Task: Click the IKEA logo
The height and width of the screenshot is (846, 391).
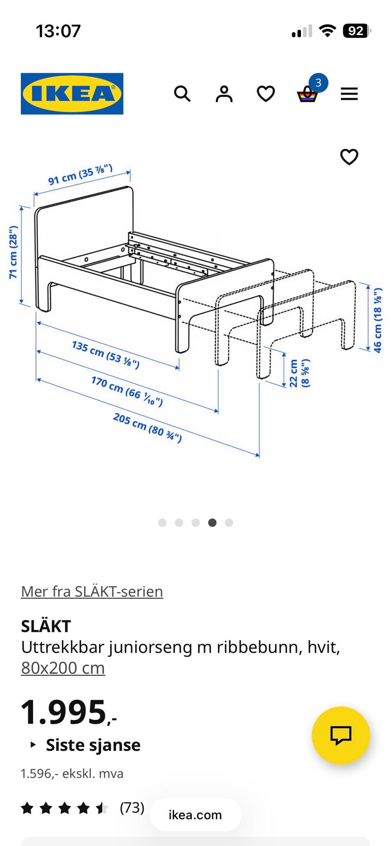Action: tap(72, 94)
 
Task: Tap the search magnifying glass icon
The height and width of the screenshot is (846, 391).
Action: tap(182, 94)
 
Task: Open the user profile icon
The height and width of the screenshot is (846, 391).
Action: tap(224, 94)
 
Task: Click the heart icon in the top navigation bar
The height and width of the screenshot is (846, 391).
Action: tap(266, 94)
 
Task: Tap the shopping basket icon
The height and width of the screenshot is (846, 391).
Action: tap(307, 95)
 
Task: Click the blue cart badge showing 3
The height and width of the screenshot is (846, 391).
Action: tap(318, 83)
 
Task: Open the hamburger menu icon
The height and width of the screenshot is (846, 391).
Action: tap(349, 94)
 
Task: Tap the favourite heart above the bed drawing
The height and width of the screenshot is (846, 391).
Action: tap(349, 157)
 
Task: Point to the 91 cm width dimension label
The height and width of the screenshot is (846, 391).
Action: tap(80, 175)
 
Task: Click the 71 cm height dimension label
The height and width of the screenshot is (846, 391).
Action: tap(13, 252)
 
